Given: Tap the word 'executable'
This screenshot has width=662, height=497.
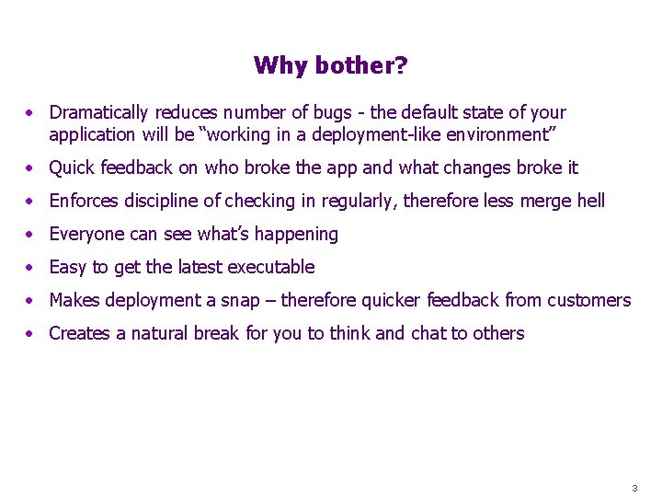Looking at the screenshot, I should click(273, 268).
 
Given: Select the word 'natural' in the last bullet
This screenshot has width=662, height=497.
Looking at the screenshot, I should click(160, 334).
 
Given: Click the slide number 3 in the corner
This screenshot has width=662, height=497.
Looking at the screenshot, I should click(634, 487).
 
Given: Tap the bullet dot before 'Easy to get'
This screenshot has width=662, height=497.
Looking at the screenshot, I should click(31, 268).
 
